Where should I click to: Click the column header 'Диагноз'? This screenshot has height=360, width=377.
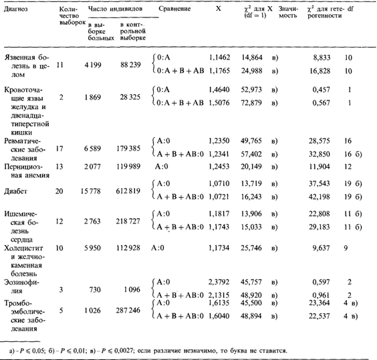(x=16, y=9)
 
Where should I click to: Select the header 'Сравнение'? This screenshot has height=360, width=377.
(x=174, y=9)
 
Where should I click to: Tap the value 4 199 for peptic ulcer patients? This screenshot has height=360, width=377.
(x=93, y=65)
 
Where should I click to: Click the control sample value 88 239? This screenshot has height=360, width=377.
(x=130, y=65)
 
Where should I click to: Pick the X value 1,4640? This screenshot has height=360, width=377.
(x=219, y=90)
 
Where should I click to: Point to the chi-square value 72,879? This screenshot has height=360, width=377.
(x=251, y=103)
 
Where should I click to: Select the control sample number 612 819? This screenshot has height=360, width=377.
(x=128, y=191)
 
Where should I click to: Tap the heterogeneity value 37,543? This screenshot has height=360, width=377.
(x=320, y=183)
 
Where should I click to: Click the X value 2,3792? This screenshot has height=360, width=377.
(x=219, y=282)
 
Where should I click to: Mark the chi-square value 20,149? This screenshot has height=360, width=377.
(x=251, y=167)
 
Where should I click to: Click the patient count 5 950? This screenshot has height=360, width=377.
(x=92, y=248)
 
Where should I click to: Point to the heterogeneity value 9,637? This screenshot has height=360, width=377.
(x=321, y=248)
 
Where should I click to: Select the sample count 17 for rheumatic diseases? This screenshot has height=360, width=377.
(x=59, y=149)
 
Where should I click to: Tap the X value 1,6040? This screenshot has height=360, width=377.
(x=219, y=316)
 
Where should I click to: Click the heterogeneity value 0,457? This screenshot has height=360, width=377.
(x=322, y=90)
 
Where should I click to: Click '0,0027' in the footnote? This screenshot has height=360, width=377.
(x=124, y=350)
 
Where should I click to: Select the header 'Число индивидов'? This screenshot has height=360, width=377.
(x=116, y=9)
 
